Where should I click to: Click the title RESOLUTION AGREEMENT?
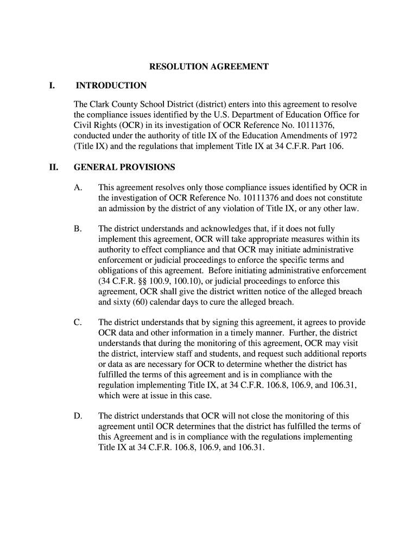click(x=209, y=67)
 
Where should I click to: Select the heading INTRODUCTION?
click(x=111, y=86)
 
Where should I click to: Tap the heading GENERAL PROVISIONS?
click(x=124, y=167)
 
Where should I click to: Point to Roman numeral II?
click(x=53, y=167)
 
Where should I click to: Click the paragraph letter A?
click(x=78, y=188)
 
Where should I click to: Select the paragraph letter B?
click(x=78, y=229)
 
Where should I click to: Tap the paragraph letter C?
click(x=78, y=322)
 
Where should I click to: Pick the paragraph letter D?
click(x=78, y=416)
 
